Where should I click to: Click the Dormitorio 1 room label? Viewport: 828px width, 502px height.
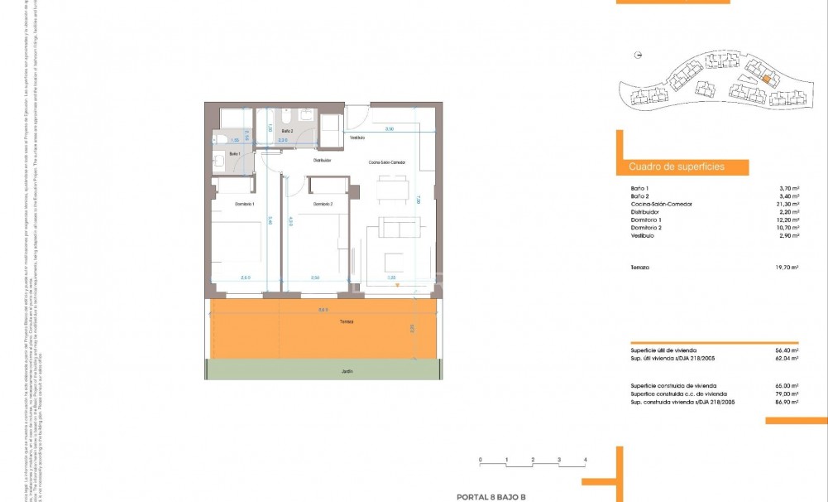coord(244,204)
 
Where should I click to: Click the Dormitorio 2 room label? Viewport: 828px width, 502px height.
coord(323,204)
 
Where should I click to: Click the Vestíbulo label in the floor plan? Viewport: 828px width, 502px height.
coord(357,138)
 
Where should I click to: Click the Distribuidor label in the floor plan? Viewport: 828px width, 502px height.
coord(322,160)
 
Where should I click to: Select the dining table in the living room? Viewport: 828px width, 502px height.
coord(393,190)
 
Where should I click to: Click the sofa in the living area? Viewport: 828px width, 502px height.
coord(394,230)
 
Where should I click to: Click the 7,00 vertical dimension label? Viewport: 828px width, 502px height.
coord(419,199)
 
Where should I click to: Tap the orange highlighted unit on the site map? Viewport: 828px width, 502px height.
coord(767,80)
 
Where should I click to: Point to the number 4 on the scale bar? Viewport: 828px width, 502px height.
coord(586,459)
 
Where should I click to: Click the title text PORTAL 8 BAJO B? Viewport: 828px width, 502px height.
coord(491,497)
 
